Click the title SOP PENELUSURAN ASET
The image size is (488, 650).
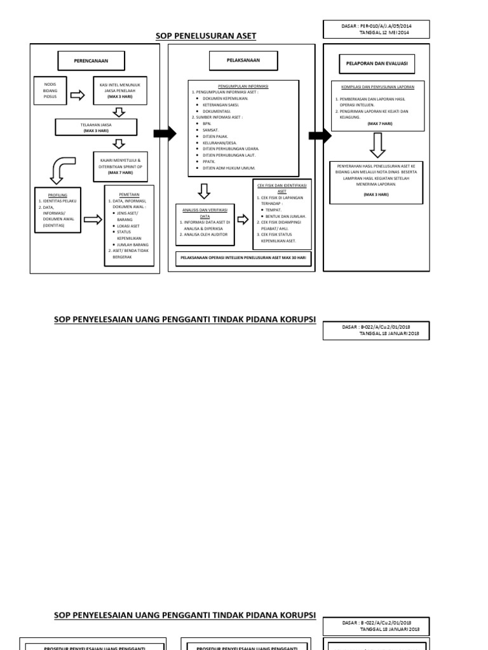(x=207, y=36)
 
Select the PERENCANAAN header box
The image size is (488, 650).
(x=91, y=60)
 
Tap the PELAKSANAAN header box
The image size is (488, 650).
(x=243, y=60)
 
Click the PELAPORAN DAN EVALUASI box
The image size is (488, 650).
(x=377, y=63)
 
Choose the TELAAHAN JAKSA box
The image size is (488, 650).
(x=97, y=128)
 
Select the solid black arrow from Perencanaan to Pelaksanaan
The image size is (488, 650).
(x=165, y=133)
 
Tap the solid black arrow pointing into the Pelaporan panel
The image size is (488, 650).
(x=320, y=135)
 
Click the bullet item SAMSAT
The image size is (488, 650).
(x=210, y=129)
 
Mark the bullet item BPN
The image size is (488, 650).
(x=207, y=124)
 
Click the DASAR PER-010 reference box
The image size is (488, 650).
(x=376, y=29)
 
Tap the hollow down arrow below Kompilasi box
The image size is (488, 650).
(x=377, y=145)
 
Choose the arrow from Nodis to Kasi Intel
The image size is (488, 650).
(x=77, y=96)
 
